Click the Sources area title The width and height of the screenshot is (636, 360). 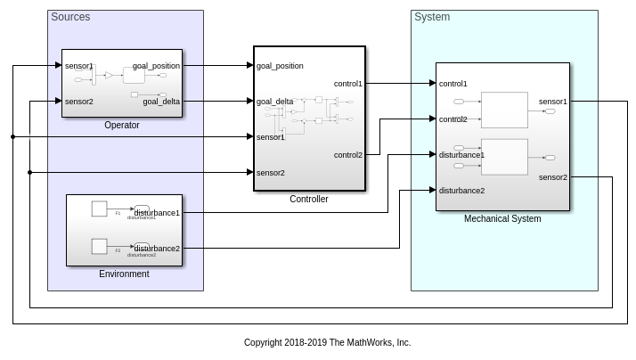70,17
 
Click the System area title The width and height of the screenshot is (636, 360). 432,17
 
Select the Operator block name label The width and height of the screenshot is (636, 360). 122,126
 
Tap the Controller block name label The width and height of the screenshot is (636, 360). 309,200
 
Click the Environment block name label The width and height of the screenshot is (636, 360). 124,274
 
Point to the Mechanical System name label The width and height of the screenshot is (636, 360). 502,218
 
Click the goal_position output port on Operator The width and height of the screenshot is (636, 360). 157,66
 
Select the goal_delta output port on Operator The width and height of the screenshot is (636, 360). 161,102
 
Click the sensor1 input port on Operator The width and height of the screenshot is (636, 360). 78,66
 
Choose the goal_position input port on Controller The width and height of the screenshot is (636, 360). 280,66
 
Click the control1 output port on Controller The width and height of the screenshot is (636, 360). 348,84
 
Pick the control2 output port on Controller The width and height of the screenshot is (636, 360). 348,155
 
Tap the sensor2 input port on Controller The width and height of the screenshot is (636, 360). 270,172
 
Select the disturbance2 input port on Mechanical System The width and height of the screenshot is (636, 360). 461,190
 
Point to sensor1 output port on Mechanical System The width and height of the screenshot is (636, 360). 553,102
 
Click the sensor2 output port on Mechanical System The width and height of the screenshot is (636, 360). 553,177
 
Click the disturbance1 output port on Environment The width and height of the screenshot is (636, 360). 158,213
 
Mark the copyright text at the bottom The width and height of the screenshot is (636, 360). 327,342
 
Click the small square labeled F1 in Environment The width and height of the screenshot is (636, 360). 100,209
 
